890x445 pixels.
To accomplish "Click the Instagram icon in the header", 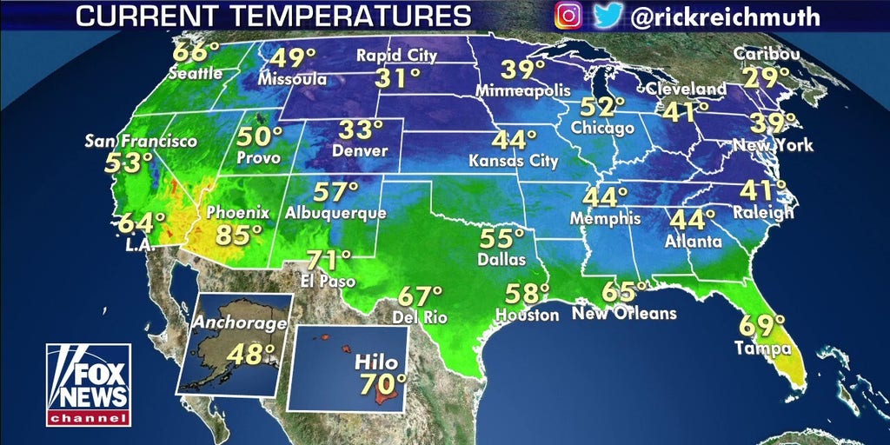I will click(568, 15).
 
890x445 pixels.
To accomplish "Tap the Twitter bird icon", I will click(608, 15).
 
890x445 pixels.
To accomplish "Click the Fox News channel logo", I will click(88, 384).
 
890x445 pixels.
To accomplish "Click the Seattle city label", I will click(196, 74).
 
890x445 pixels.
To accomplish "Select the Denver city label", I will click(355, 150).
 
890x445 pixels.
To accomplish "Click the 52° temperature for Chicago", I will click(603, 107).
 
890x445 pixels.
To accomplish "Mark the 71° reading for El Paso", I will click(328, 258).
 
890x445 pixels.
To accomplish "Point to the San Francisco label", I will click(141, 141).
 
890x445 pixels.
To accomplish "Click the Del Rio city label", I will click(420, 318).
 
